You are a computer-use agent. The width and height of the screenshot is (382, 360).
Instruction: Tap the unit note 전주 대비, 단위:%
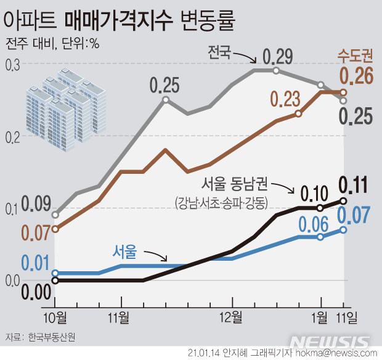(53, 44)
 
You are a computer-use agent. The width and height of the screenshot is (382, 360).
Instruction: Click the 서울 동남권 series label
(235, 184)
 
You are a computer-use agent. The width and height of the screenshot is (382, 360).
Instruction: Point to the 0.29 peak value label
(277, 57)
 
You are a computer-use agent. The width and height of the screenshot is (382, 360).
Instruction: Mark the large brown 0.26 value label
(356, 76)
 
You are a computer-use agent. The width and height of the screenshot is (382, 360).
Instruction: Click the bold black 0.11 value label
(354, 184)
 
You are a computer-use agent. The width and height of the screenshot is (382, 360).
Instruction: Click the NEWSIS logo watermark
(330, 341)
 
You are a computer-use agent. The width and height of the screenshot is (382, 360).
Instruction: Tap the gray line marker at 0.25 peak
(166, 99)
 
